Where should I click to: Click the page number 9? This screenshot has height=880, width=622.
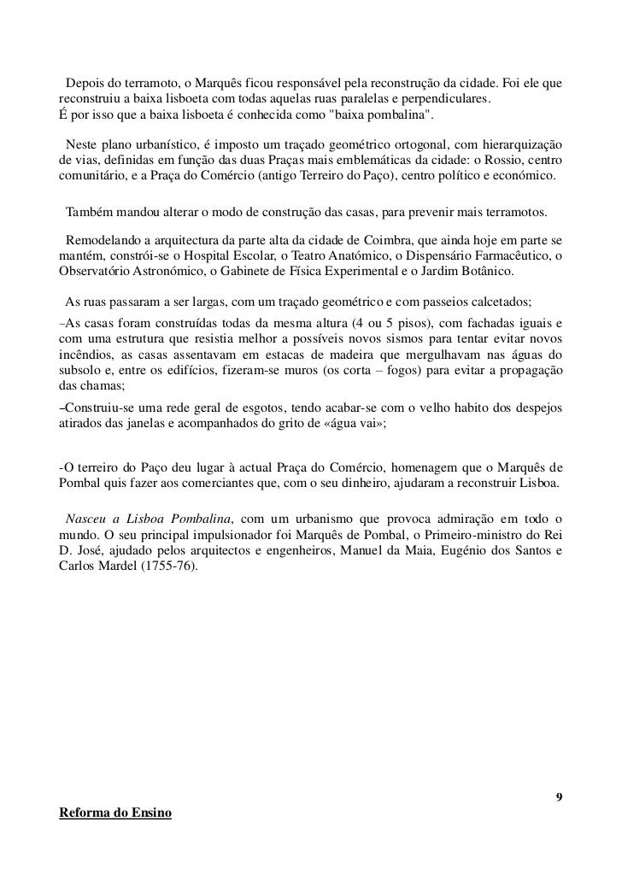558,797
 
